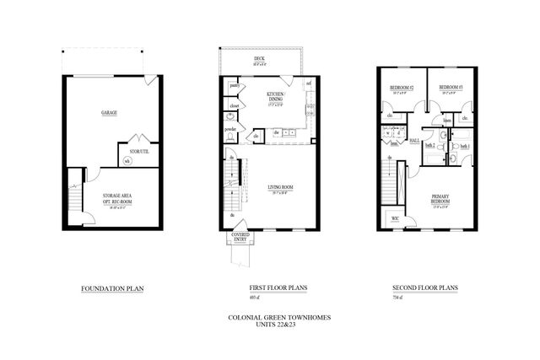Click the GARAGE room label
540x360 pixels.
110,113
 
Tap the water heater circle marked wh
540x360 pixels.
127,160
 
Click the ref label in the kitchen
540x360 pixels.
309,84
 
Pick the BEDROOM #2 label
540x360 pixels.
402,88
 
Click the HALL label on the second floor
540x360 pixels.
414,141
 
